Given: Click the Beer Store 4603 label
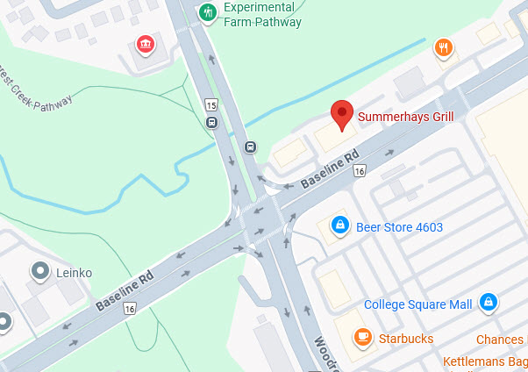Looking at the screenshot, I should tap(399, 227).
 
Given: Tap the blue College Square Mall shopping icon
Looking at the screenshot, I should tap(489, 304).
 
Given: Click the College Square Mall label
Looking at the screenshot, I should tap(417, 304).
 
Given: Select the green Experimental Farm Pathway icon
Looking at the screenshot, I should tap(208, 12).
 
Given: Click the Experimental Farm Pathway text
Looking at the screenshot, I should tap(264, 15).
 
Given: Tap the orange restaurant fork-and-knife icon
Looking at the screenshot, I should tap(445, 48).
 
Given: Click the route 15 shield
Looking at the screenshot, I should tap(211, 105).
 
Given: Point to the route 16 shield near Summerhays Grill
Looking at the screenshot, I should tap(359, 171).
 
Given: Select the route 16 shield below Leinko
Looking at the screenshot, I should tap(130, 309).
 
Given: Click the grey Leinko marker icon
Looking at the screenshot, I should tap(39, 271).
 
